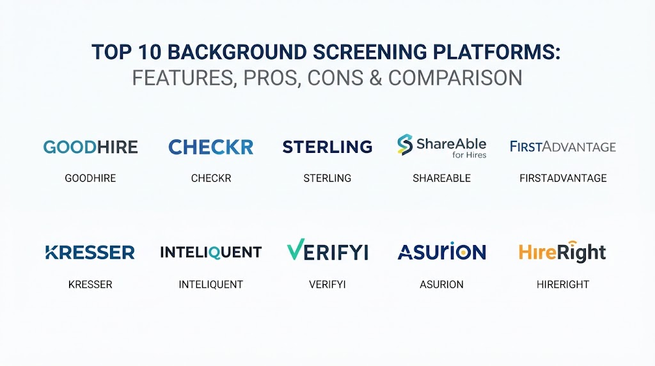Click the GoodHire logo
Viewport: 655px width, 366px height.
[x=91, y=147]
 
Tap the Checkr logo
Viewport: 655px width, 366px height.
[x=211, y=147]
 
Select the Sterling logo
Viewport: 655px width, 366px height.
[x=327, y=147]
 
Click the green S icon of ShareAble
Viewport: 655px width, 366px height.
[x=405, y=145]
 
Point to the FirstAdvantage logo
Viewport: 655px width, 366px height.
[x=563, y=147]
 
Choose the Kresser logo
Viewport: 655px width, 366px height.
[x=90, y=252]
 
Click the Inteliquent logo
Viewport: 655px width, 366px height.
[x=211, y=252]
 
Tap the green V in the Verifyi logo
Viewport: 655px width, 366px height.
[x=296, y=250]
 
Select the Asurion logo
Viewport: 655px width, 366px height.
[x=441, y=251]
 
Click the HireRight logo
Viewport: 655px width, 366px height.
[x=562, y=252]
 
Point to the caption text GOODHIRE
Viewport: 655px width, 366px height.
[x=90, y=179]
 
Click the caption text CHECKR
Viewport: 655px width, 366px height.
[x=211, y=179]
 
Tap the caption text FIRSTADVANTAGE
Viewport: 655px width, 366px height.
[x=563, y=179]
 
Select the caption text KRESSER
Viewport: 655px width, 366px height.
[x=90, y=285]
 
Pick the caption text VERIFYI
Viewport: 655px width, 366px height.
[x=327, y=285]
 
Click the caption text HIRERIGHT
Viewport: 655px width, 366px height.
[x=563, y=285]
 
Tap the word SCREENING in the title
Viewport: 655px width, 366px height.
[x=370, y=52]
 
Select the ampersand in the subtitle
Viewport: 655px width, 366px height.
[x=375, y=78]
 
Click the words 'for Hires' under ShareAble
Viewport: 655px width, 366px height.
[x=469, y=155]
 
